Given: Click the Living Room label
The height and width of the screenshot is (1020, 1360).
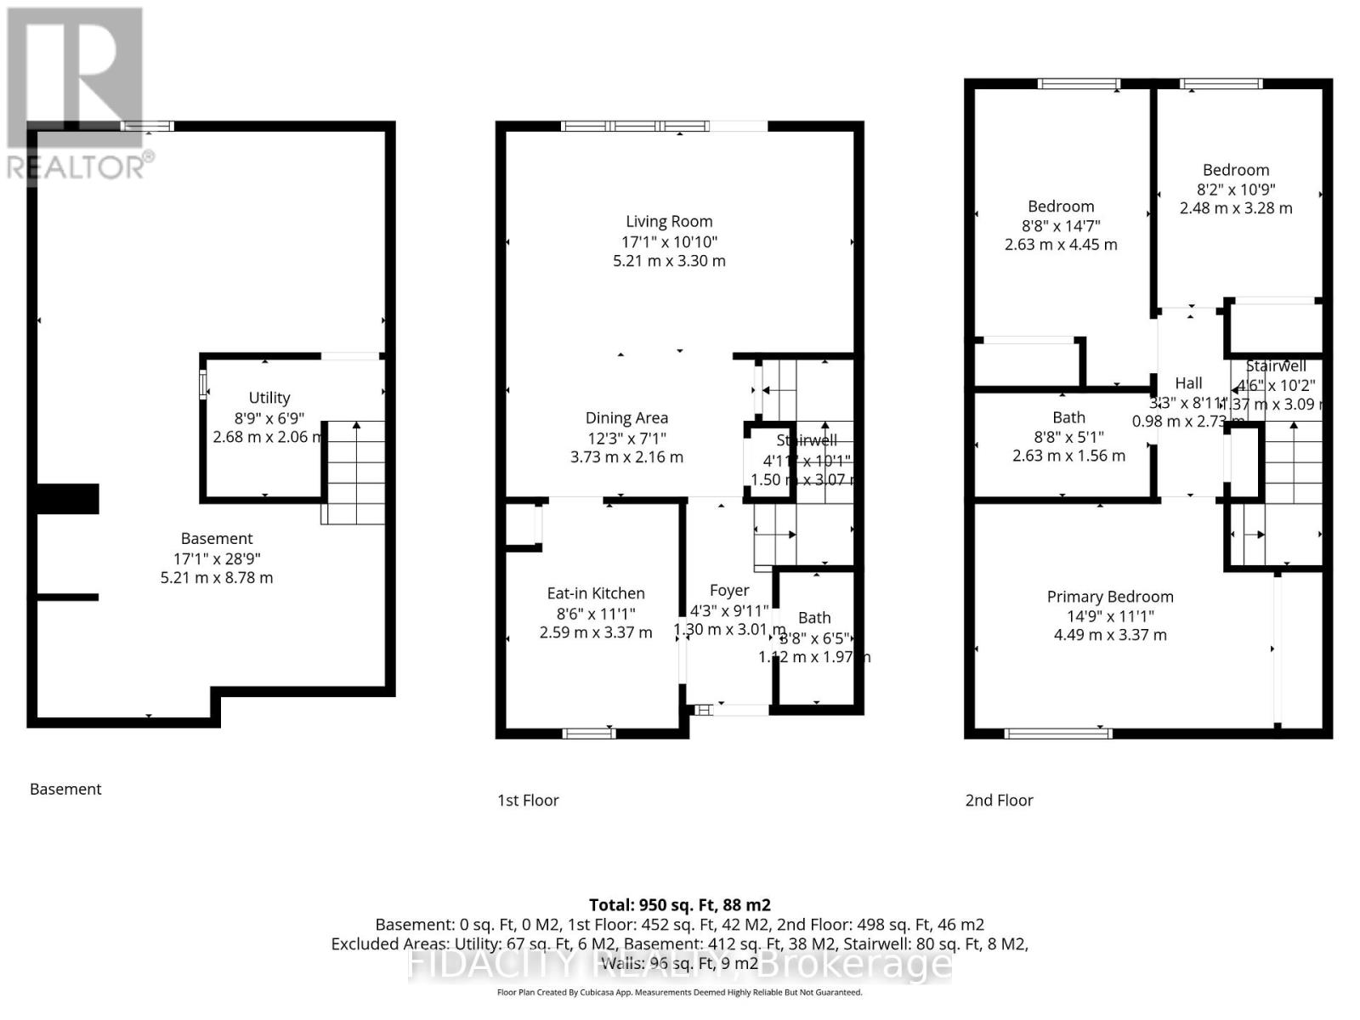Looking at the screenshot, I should tap(669, 222).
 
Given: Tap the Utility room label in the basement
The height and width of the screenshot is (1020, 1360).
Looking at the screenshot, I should tap(269, 398).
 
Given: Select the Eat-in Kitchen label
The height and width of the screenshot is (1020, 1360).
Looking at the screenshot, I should tap(595, 593).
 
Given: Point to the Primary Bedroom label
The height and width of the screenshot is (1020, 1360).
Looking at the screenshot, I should tap(1109, 597).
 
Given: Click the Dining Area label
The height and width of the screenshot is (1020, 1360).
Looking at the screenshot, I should tap(626, 418).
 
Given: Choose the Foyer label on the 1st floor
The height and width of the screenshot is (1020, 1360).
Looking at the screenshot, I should tap(729, 591).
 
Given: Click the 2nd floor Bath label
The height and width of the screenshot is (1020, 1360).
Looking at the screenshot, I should tap(1068, 417).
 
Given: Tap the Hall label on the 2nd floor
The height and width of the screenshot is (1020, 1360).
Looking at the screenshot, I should tap(1188, 383).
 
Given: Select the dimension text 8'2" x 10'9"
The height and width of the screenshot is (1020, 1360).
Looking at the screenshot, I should tap(1235, 190).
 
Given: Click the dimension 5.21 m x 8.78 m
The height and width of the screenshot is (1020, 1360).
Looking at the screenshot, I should tap(217, 578).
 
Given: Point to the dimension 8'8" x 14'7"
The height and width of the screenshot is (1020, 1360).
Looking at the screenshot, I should tap(1061, 226).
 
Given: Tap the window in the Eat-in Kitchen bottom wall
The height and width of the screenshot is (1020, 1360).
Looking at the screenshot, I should tap(589, 733).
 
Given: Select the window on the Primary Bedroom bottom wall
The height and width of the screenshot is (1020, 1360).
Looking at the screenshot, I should tap(1057, 733).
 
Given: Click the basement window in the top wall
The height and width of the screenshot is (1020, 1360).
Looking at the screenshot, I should tap(147, 126).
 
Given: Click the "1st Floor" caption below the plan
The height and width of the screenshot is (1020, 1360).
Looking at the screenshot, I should tap(528, 800).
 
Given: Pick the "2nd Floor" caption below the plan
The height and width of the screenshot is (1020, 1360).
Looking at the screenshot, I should tap(999, 800).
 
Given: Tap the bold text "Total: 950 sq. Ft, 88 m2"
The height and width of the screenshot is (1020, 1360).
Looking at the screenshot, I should tap(679, 905).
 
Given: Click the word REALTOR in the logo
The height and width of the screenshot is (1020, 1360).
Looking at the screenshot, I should tap(76, 167).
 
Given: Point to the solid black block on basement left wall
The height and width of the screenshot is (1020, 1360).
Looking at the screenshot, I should tap(68, 499).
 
